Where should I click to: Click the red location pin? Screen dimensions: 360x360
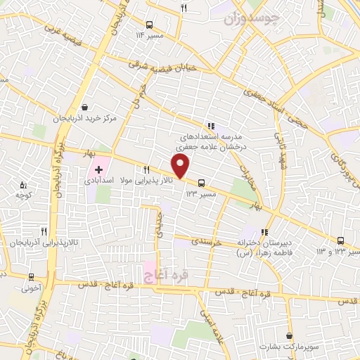point(181,165)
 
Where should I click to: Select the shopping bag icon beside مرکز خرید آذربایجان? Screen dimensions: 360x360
point(86,107)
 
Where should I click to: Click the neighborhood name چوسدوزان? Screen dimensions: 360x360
point(251,16)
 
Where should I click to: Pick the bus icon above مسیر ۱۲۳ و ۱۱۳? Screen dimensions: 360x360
point(342,239)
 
